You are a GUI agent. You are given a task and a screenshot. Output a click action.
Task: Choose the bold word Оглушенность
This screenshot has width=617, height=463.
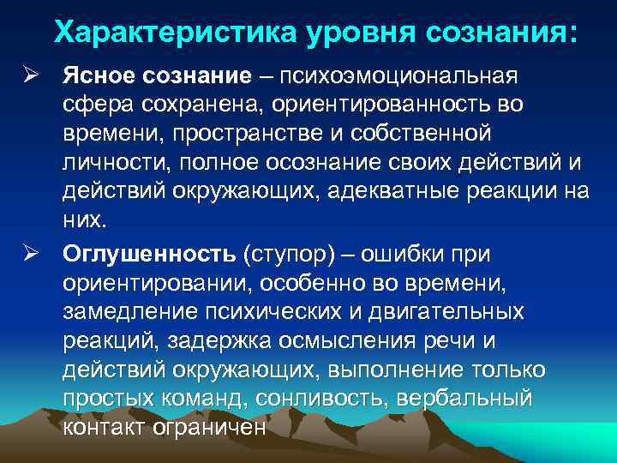pos(150,255)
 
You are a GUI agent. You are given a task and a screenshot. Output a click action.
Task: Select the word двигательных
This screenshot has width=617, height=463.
pos(452,313)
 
